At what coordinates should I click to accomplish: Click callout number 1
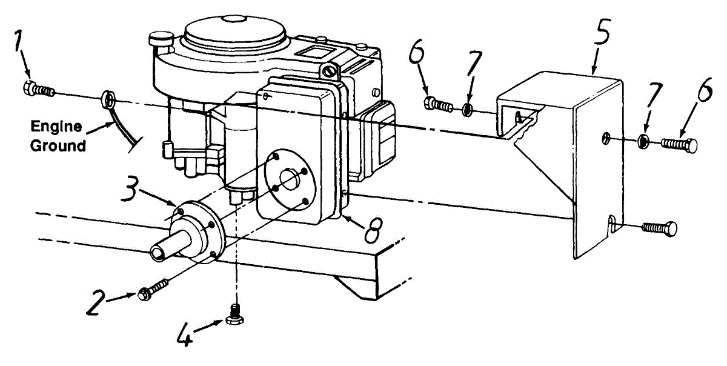pyautogui.click(x=19, y=44)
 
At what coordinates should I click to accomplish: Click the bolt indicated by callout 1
pyautogui.click(x=38, y=89)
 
